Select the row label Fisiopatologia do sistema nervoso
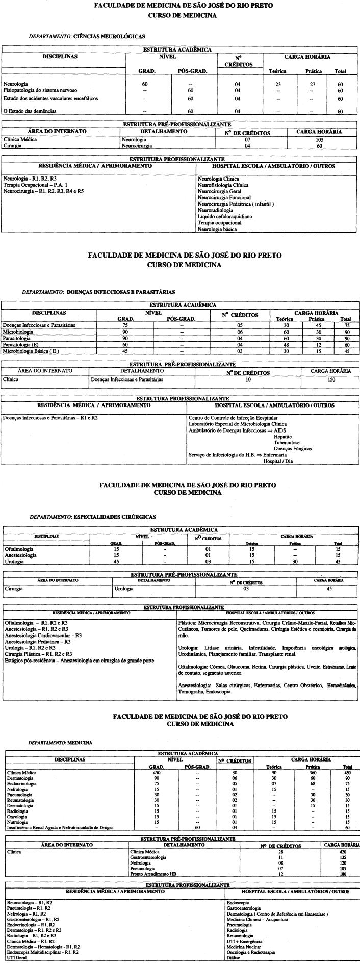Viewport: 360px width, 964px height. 40,90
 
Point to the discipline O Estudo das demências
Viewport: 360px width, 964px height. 30,111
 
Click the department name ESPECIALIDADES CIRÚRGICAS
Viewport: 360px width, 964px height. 115,517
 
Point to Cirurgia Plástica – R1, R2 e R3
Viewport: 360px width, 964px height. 38,654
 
